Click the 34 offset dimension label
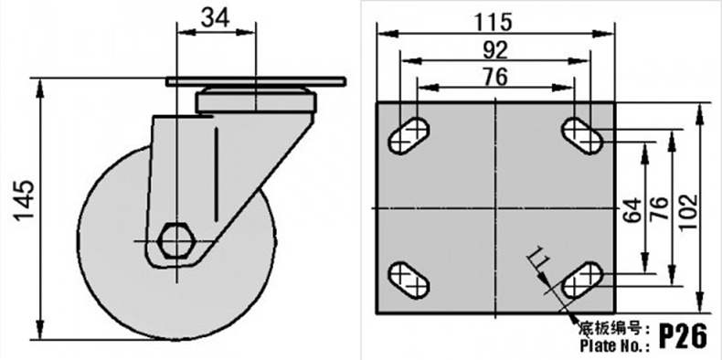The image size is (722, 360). [216, 18]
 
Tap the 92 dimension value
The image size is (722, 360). [495, 50]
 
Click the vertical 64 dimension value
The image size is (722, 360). [633, 210]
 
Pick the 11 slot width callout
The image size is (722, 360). [536, 258]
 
